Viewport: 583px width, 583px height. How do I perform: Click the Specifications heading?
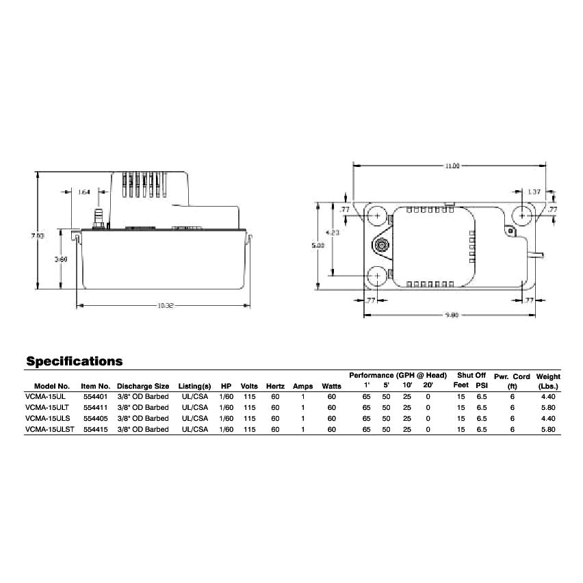(74, 361)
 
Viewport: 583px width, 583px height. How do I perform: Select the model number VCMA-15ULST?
(49, 429)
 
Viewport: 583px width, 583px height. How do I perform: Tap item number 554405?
(95, 418)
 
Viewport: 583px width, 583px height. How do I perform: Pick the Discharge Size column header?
(142, 386)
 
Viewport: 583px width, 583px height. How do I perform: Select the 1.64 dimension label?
(84, 192)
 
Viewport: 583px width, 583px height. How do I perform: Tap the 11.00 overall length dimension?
(452, 165)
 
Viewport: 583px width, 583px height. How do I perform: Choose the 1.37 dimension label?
(534, 192)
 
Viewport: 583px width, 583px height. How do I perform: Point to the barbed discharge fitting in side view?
(97, 220)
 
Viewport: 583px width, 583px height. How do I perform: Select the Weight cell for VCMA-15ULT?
(548, 407)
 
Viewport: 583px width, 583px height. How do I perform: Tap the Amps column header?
(302, 386)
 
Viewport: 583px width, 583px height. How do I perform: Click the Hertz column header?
(275, 386)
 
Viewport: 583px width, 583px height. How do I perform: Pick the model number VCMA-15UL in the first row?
(45, 396)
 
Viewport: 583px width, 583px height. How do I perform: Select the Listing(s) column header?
(195, 386)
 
